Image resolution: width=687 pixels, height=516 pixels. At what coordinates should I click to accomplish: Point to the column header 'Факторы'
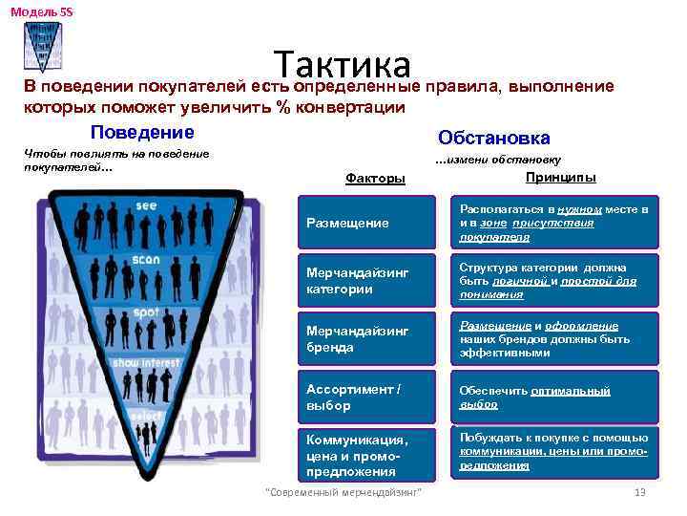(x=374, y=179)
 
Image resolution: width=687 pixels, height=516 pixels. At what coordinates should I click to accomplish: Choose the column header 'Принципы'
(x=561, y=178)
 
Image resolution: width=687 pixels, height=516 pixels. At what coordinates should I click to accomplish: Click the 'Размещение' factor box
(x=369, y=223)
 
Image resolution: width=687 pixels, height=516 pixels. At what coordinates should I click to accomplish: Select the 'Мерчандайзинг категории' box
(x=369, y=281)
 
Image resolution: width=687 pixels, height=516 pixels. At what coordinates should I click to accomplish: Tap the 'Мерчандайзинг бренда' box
(x=369, y=339)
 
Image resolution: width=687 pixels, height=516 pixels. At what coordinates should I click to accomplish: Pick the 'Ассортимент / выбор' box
(x=369, y=398)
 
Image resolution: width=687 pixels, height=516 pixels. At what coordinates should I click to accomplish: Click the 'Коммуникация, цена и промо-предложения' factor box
(x=369, y=456)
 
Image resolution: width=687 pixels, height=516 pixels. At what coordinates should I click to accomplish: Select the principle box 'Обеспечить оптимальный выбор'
(x=554, y=398)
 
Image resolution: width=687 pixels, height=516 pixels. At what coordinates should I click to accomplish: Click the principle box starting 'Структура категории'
(x=554, y=281)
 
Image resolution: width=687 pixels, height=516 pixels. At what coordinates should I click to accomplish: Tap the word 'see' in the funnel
(x=146, y=205)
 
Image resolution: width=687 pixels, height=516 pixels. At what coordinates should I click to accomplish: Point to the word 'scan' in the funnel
(x=146, y=258)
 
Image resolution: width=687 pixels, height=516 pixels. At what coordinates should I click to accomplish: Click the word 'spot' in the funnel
(x=146, y=312)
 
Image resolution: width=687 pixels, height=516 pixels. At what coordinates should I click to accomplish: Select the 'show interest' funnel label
(x=146, y=363)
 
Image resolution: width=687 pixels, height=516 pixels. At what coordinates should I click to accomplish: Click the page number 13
(x=640, y=493)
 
